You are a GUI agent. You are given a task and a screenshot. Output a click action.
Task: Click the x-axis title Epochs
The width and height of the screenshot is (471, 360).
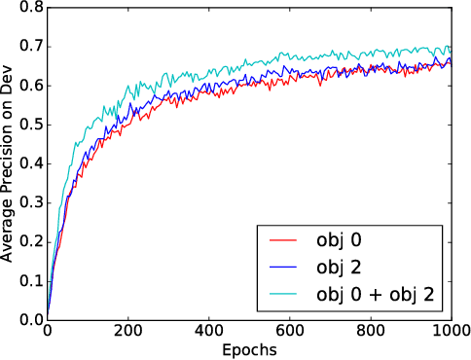248,348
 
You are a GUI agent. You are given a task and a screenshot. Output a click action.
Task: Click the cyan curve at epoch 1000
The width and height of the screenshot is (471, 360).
451,49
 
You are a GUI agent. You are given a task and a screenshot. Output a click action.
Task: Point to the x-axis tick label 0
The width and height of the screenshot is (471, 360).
47,331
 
